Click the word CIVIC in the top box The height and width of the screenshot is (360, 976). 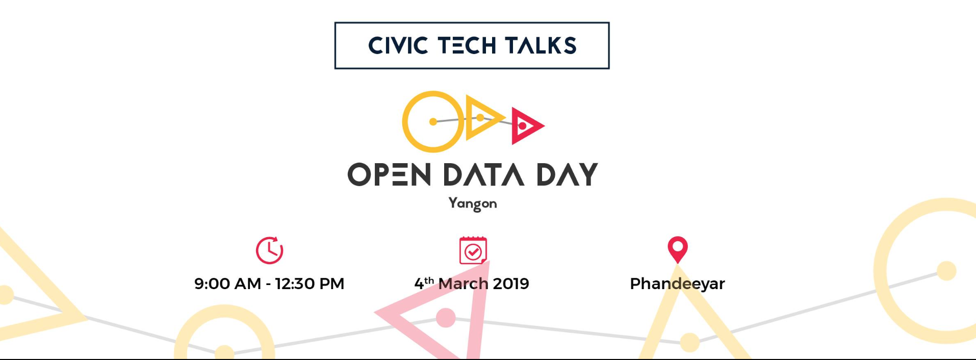coord(398,45)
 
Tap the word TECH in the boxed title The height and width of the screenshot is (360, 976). coord(467,45)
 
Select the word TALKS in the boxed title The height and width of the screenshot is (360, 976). coord(541,45)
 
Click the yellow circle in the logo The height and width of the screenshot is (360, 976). coord(404,122)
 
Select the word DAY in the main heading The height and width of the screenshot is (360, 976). coord(567,174)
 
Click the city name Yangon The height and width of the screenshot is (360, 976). coord(473,203)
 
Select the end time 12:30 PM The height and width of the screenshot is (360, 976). coord(310,284)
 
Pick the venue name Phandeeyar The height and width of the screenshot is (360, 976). coord(677,284)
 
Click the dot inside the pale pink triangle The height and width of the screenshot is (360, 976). coord(446,318)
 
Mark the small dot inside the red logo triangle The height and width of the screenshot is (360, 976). coord(522,126)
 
